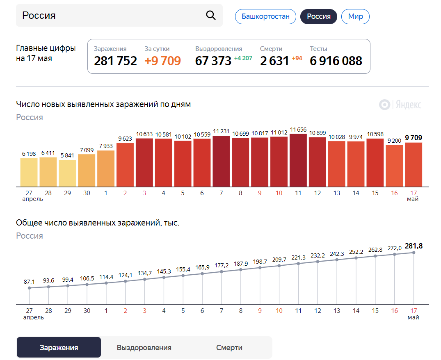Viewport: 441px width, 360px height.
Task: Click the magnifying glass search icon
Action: pos(210,16)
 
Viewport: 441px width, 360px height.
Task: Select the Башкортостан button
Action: pos(265,16)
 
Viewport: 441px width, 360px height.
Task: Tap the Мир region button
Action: pos(355,16)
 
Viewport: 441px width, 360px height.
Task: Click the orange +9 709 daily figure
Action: pos(162,61)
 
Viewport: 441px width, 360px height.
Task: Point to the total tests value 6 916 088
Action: pos(336,61)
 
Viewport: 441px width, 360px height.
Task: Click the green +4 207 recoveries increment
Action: pos(243,58)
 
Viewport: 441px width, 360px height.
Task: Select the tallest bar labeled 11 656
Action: pos(298,160)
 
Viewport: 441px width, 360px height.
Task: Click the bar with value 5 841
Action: pos(67,173)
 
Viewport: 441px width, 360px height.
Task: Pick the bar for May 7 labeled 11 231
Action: pos(221,161)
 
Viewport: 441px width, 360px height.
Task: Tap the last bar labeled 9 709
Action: pos(413,164)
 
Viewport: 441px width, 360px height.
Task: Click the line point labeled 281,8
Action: pos(414,253)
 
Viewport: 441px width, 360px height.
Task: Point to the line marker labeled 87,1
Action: pos(29,288)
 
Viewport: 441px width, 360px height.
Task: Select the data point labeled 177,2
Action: pos(222,271)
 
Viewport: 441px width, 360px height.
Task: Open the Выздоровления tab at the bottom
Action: pos(144,348)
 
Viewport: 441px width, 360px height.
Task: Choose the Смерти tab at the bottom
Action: pos(229,348)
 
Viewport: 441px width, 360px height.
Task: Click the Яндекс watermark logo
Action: pos(400,105)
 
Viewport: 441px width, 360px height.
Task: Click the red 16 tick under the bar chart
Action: pos(394,193)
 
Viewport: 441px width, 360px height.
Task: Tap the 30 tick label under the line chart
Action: pos(87,311)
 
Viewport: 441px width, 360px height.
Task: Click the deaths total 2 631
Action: pos(274,61)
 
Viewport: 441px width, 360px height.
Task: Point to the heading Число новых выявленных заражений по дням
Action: pos(103,104)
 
